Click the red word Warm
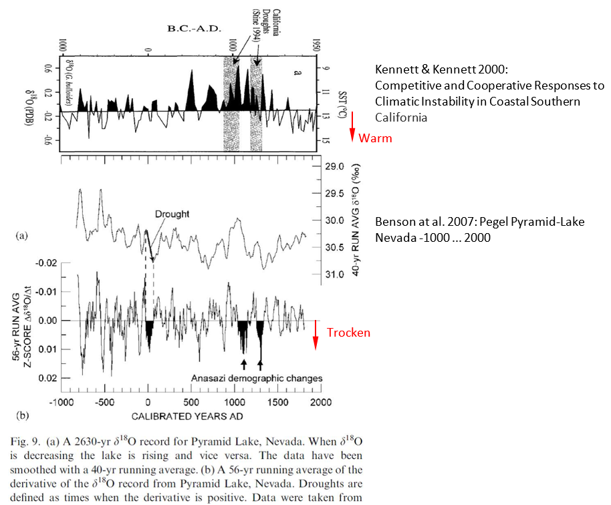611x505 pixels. pyautogui.click(x=375, y=139)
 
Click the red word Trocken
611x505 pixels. pyautogui.click(x=348, y=333)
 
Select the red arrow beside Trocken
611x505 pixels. pyautogui.click(x=315, y=336)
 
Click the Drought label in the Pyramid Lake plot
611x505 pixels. pyautogui.click(x=172, y=214)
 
